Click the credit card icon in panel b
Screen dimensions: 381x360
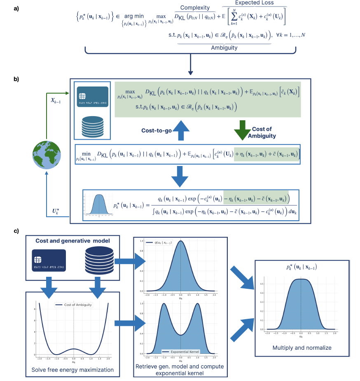[x=93, y=97]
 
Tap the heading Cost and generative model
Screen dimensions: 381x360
[x=72, y=241]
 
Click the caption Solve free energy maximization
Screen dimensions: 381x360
[x=72, y=369]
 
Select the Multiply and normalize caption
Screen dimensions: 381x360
[x=302, y=348]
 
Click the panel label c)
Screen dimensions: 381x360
[x=16, y=231]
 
